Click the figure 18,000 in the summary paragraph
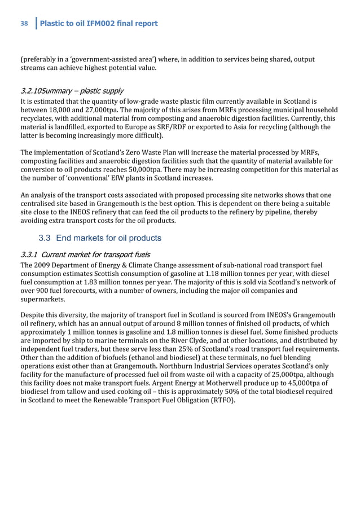[x=63, y=109]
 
